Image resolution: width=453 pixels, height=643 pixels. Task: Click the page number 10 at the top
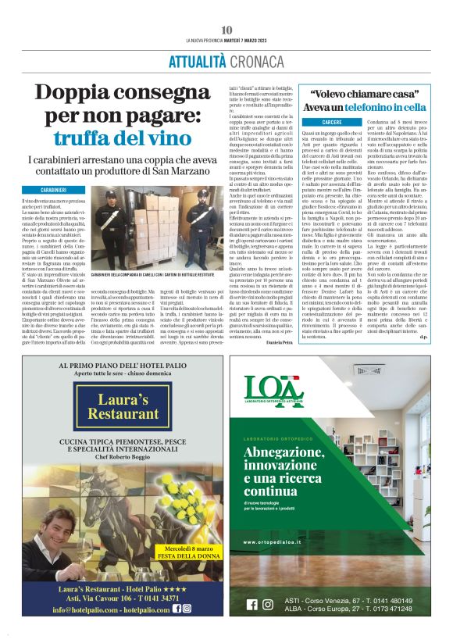click(x=226, y=30)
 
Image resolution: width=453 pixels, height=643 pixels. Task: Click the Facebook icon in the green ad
click(x=251, y=604)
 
